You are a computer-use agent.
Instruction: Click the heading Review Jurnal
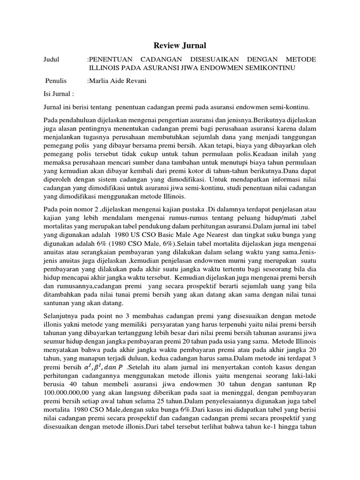tap(180, 45)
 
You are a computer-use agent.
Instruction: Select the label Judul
tap(52, 60)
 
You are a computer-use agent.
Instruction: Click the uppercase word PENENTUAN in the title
tap(113, 60)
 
